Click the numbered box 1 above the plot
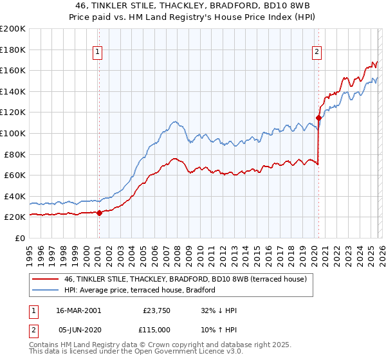tap(98, 53)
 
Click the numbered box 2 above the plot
tap(318, 53)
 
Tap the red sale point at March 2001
tap(99, 213)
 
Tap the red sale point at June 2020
tap(318, 118)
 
